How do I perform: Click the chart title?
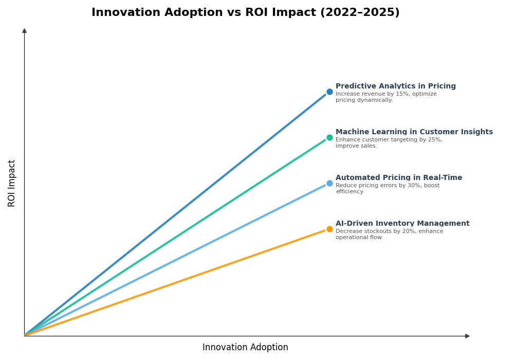[x=245, y=13]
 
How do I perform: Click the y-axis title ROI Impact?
[x=12, y=183]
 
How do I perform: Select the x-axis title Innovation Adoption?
[x=245, y=348]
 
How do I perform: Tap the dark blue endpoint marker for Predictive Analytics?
[x=329, y=92]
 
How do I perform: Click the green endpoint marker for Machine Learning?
[x=329, y=138]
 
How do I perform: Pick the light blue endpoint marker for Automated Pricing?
[x=329, y=184]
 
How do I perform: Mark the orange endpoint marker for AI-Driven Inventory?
[x=329, y=229]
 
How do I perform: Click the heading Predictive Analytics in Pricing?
[x=395, y=86]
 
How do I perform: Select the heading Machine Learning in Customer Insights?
[x=414, y=132]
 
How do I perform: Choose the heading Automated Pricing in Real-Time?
[x=398, y=178]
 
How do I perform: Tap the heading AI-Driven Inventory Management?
[x=402, y=224]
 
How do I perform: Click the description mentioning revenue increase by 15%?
[x=385, y=97]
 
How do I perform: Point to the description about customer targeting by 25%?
[x=388, y=143]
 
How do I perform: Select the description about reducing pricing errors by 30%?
[x=387, y=189]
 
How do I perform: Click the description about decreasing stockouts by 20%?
[x=389, y=235]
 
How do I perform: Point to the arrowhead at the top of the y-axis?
[x=24, y=31]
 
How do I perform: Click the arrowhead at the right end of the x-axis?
[x=467, y=336]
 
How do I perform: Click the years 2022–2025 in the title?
[x=359, y=13]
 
